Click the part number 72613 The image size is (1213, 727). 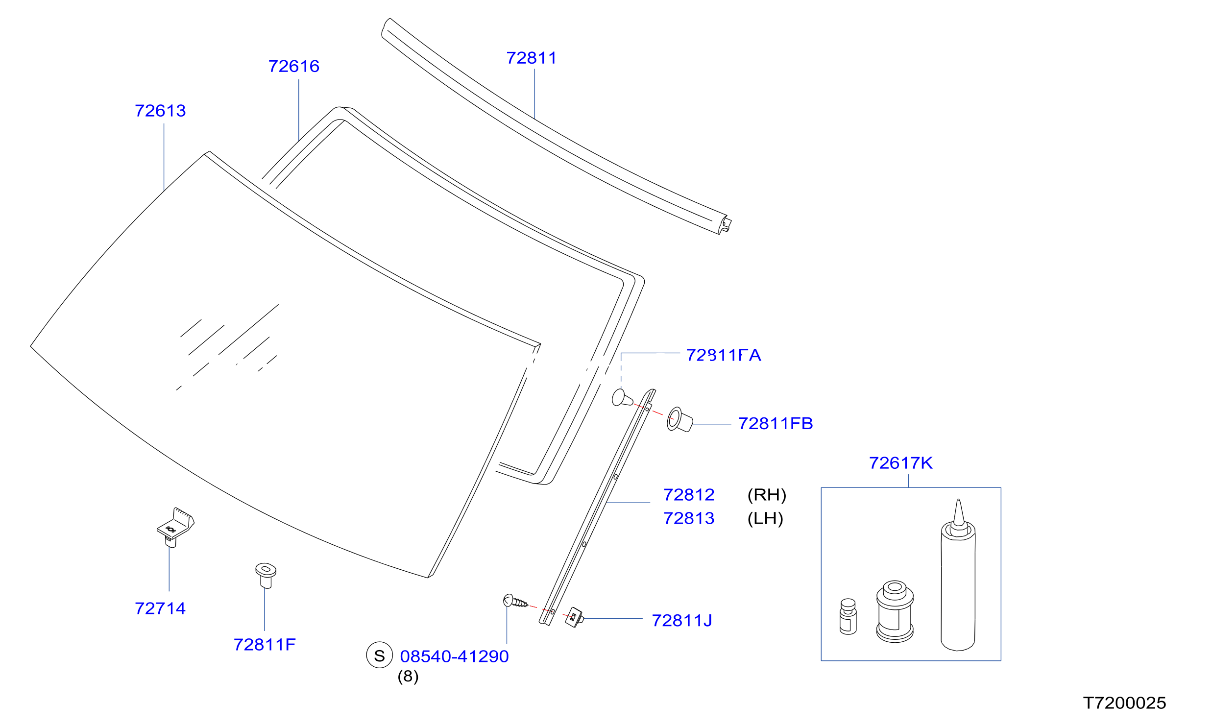point(160,111)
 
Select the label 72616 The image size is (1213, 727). point(294,66)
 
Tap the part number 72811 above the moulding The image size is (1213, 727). point(532,58)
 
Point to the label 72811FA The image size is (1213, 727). point(724,355)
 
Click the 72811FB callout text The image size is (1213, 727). point(776,423)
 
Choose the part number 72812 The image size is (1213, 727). point(689,495)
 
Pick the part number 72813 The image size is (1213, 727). point(689,518)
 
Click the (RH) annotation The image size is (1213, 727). point(767,495)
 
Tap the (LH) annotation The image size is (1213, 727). point(765,518)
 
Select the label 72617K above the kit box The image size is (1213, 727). point(900,463)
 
